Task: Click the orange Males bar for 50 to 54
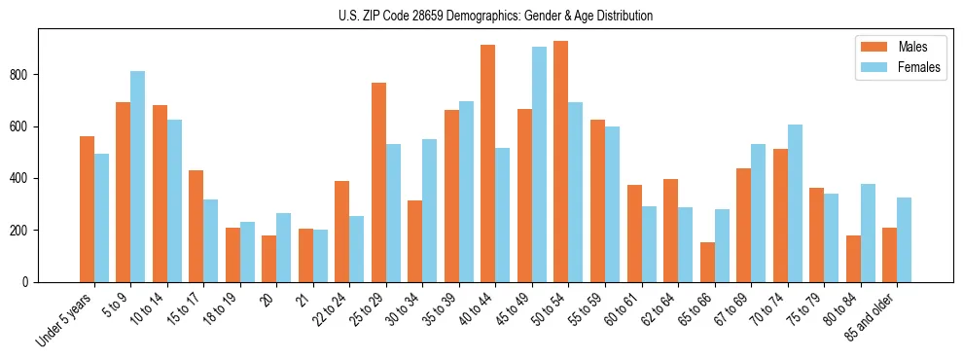point(561,162)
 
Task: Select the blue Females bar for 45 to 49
point(539,164)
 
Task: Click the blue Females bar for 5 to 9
point(138,176)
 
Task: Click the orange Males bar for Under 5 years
point(87,209)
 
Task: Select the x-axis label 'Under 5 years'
point(64,321)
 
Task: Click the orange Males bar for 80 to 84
point(853,259)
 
